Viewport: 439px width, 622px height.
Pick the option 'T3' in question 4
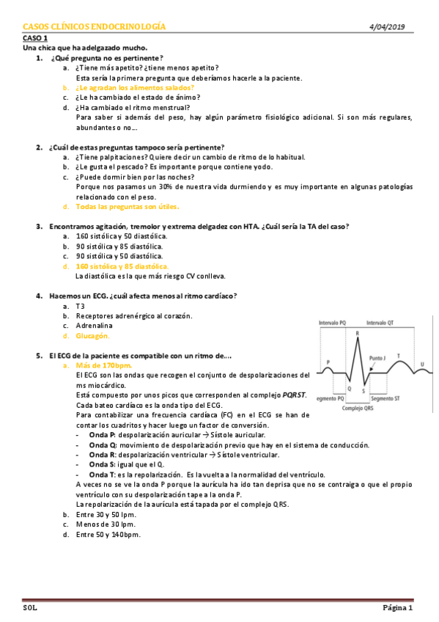81,306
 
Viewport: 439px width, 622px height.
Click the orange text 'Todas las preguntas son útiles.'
122,207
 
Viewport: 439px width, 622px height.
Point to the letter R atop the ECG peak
357,334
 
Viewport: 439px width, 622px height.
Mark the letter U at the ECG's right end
422,364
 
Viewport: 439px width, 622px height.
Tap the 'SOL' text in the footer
30,608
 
